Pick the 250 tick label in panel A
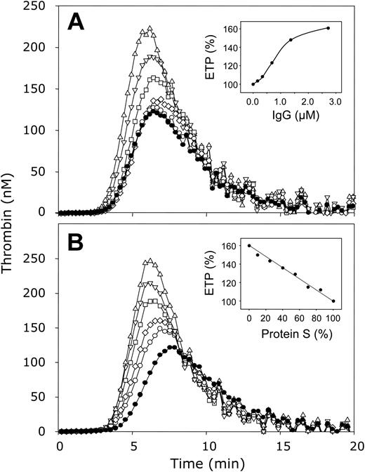coord(36,6)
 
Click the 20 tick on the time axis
coord(356,445)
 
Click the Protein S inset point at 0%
coord(249,246)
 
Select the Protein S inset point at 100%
coord(334,301)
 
